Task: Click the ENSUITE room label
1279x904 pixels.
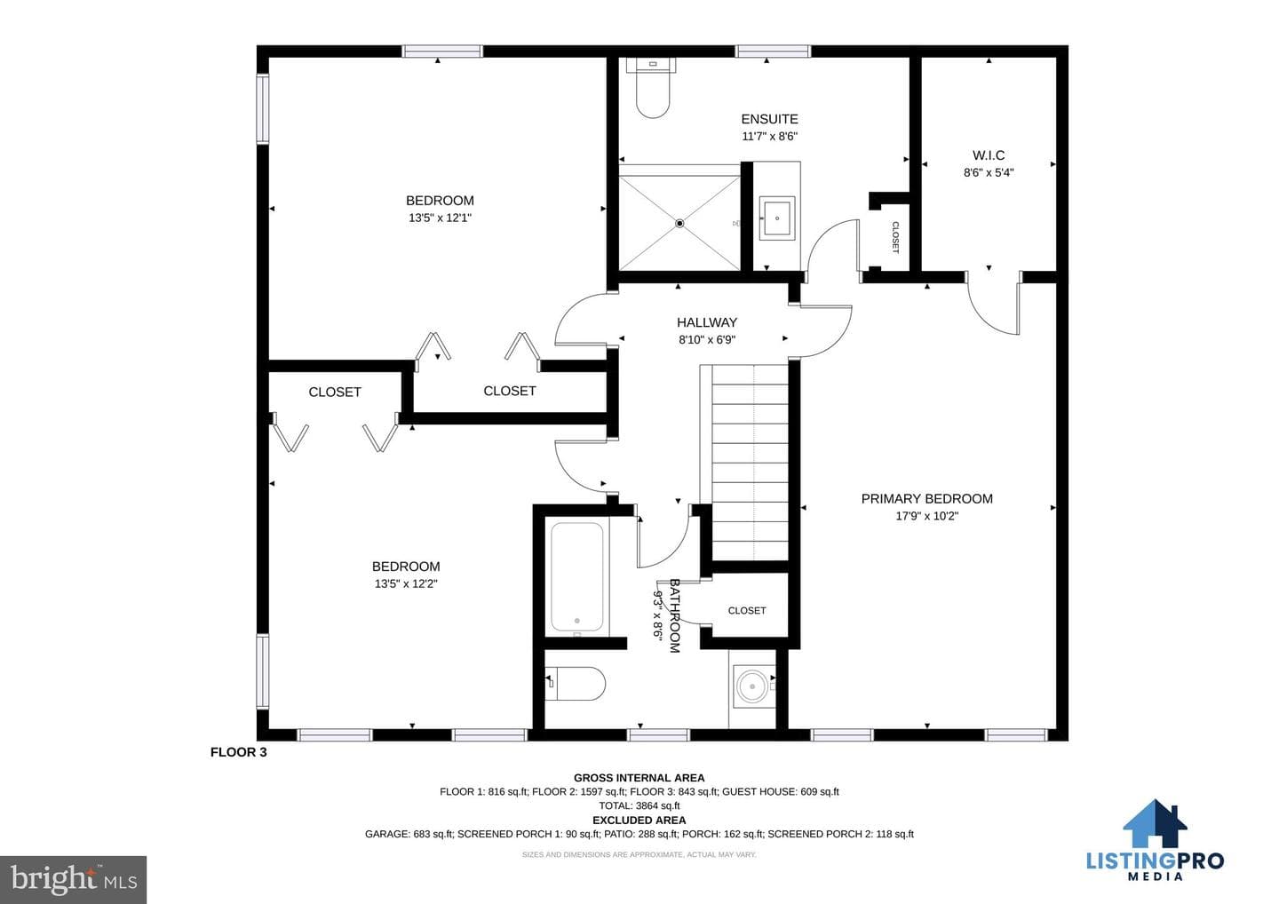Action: [769, 119]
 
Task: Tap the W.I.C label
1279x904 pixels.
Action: [989, 155]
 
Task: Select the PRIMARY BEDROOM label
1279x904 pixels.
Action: [926, 499]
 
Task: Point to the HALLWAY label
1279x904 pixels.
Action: [707, 322]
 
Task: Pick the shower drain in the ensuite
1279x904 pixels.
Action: [679, 224]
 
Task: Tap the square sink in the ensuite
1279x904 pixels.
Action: [776, 218]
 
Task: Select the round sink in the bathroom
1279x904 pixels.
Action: [752, 687]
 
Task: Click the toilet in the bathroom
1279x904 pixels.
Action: [575, 683]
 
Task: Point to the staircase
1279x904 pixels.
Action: [751, 463]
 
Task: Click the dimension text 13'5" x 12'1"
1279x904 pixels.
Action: [440, 218]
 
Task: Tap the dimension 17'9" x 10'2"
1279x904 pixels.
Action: [926, 517]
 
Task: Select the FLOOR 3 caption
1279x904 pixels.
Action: [239, 752]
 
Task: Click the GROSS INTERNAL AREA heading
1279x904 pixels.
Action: [639, 778]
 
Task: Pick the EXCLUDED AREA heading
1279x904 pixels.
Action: [639, 821]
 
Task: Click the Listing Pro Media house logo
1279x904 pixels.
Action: [1155, 823]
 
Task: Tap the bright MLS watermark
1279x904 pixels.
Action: [73, 879]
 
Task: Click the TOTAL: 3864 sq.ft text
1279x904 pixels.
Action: [639, 805]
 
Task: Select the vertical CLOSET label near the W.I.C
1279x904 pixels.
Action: [895, 237]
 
